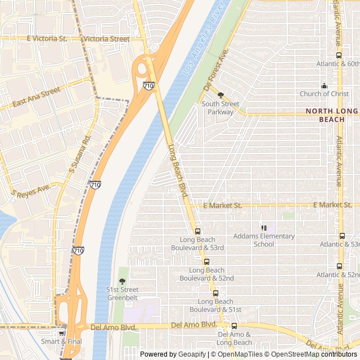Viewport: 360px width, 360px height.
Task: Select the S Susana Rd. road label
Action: (x=79, y=154)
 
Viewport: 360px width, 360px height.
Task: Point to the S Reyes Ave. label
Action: (x=31, y=191)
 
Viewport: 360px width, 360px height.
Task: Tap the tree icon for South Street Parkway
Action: (x=221, y=95)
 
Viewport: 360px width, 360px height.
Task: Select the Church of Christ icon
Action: (x=324, y=85)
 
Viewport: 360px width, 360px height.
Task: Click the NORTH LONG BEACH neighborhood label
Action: (x=331, y=115)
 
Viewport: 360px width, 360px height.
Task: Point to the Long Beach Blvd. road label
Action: (x=178, y=170)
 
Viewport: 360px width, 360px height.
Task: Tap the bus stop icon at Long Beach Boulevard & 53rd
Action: (x=197, y=231)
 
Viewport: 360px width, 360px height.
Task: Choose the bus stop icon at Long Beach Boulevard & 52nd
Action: (x=206, y=262)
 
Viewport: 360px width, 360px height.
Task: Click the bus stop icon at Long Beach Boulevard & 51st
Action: (x=215, y=293)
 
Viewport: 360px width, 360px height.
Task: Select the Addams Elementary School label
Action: (x=264, y=240)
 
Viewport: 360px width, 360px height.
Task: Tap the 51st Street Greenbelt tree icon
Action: (x=122, y=281)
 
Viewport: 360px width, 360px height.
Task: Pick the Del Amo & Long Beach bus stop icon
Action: (x=235, y=326)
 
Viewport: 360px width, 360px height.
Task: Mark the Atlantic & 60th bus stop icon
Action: (x=339, y=55)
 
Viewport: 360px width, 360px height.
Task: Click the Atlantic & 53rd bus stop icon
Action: (x=342, y=236)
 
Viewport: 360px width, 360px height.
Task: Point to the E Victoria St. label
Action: (x=47, y=39)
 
